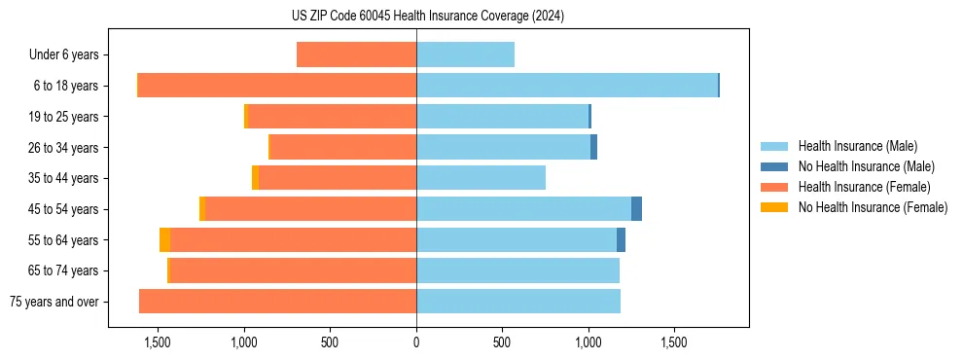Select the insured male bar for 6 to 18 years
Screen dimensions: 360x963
566,86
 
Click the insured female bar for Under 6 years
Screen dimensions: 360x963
356,54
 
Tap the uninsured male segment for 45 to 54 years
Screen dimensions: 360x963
636,209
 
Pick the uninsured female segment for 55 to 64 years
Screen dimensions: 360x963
165,240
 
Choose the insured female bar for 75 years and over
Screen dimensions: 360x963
277,302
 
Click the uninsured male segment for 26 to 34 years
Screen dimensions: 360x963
593,147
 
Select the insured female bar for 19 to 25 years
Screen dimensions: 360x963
332,117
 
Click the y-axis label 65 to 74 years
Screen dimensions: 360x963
63,271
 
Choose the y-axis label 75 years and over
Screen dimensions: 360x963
54,302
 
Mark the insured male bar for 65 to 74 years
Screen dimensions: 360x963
517,270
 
